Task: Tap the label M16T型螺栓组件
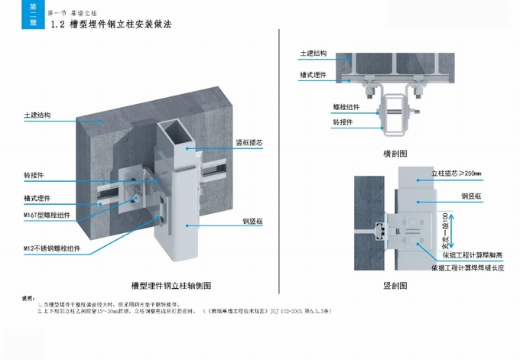click(47, 216)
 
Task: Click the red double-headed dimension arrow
click(452, 235)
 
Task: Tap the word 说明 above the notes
click(28, 297)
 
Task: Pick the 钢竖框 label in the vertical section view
click(470, 196)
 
